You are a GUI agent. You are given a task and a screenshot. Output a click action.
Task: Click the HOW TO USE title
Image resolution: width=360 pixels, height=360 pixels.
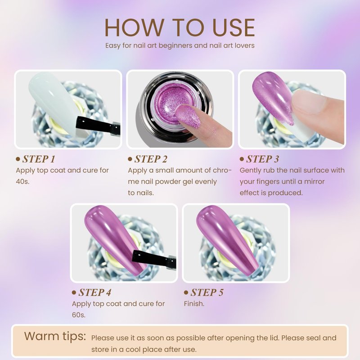180,27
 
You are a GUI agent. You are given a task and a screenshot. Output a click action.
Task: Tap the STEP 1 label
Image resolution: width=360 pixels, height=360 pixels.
39,159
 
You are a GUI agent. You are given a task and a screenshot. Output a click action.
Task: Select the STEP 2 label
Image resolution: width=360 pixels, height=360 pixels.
151,159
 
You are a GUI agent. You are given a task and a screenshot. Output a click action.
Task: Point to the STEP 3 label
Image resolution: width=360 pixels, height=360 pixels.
263,159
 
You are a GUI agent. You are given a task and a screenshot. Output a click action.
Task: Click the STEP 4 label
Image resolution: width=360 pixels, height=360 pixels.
95,292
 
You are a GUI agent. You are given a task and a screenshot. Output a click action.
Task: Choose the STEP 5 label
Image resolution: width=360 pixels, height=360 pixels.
207,292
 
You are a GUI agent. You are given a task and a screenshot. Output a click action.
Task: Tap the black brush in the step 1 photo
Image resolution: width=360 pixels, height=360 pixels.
98,126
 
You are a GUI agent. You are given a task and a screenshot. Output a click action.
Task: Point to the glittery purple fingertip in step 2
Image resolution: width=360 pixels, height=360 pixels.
187,114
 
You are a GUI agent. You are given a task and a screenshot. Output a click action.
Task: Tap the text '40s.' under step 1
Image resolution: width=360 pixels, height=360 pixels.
22,182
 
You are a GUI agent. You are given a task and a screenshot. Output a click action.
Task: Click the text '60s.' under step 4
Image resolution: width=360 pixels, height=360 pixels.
78,315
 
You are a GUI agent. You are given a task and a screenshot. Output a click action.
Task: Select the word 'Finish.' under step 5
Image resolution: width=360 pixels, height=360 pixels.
194,304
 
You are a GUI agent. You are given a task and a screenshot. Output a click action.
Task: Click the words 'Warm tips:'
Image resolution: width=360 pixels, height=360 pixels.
55,336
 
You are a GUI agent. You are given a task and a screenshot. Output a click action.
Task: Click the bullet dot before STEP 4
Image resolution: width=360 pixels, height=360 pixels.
74,292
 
